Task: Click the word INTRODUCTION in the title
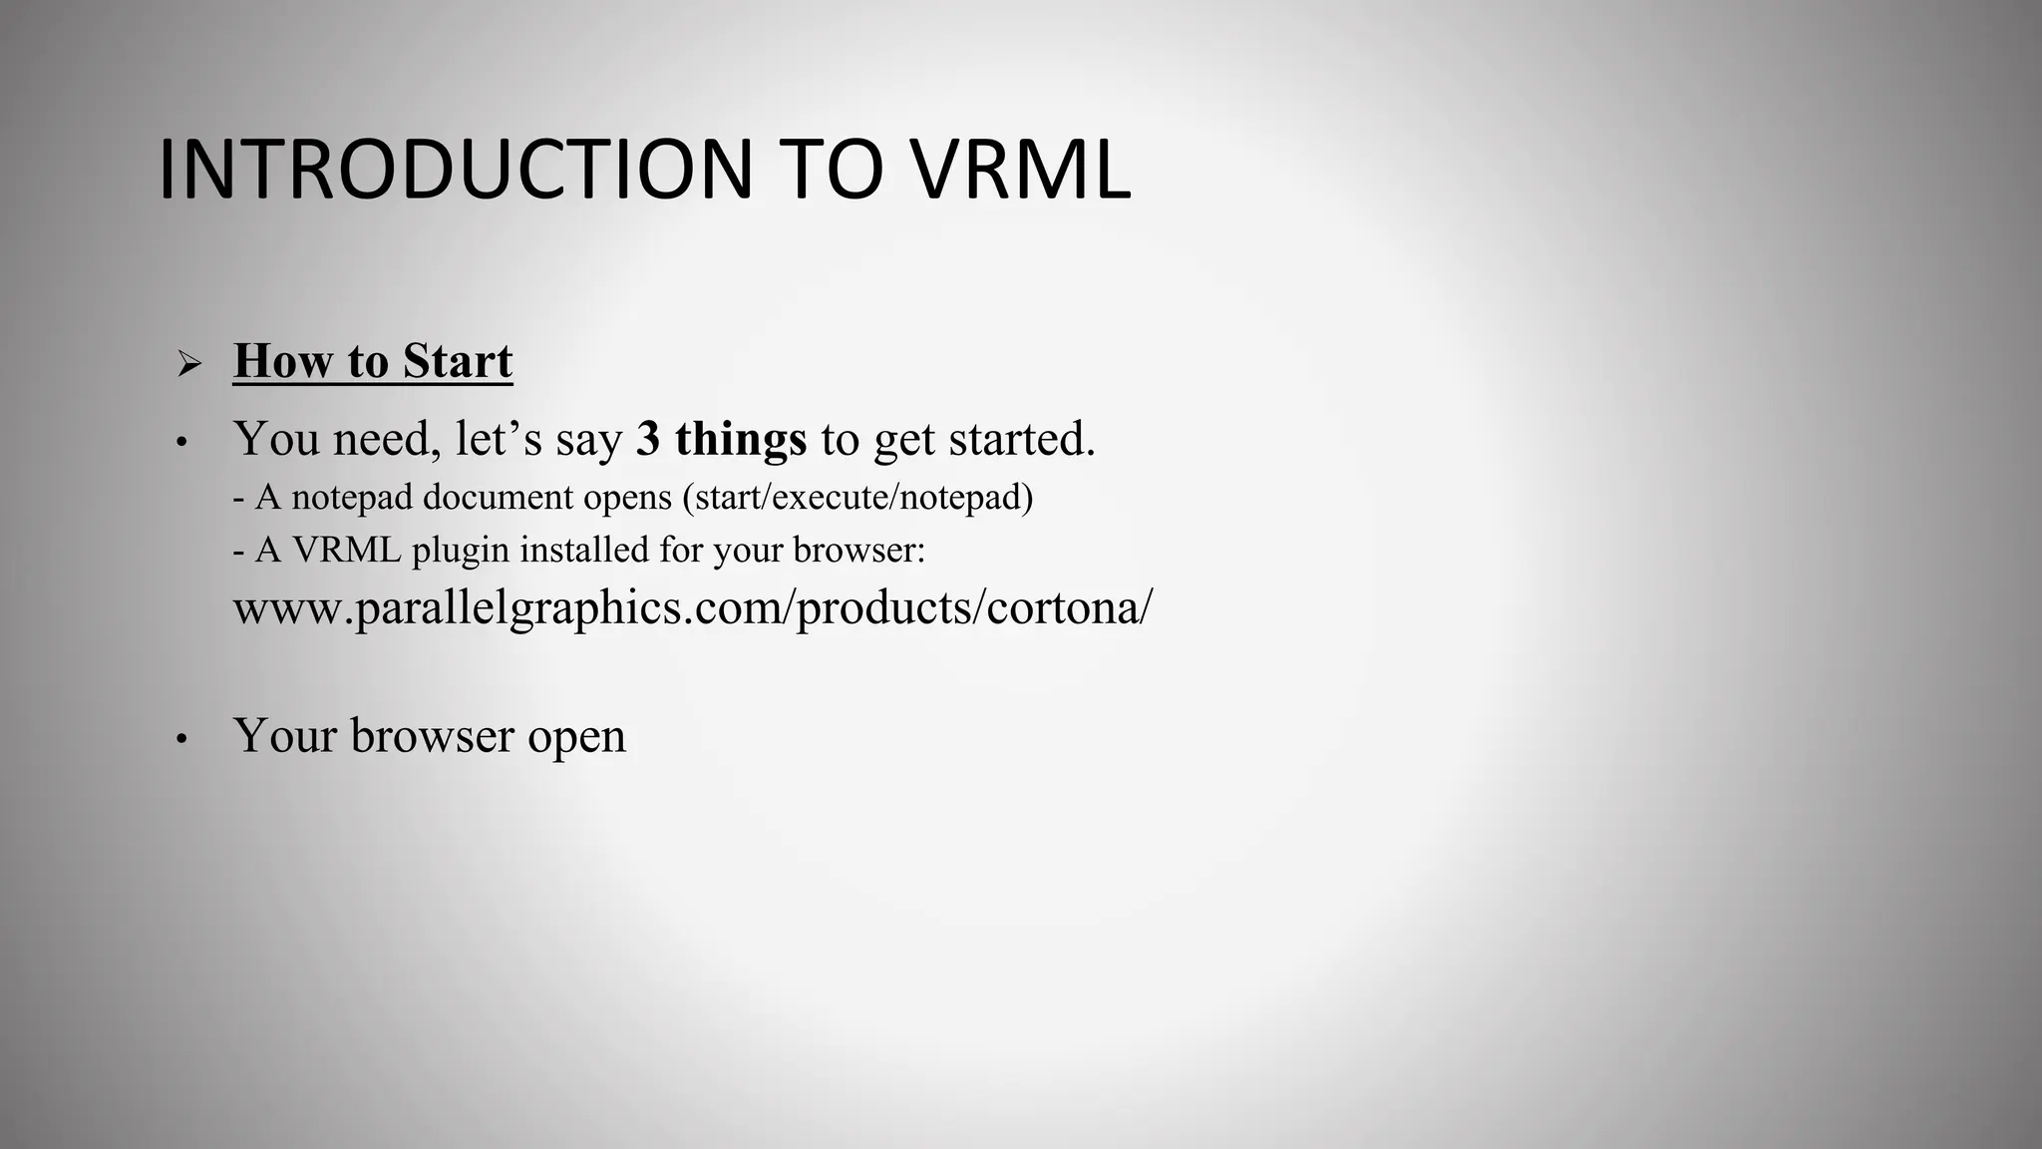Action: point(455,170)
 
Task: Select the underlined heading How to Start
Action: point(373,361)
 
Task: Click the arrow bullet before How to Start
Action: point(188,364)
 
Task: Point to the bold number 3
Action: point(648,439)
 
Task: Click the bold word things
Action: point(741,439)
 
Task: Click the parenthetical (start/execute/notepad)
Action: point(857,497)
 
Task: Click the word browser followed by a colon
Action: point(857,550)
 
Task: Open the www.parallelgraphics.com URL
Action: point(692,607)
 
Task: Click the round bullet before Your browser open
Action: point(180,740)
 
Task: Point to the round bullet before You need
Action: point(180,442)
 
